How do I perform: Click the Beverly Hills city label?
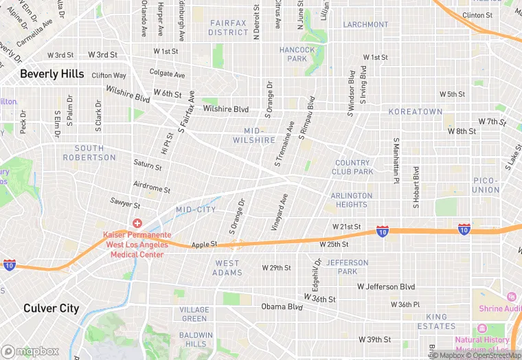(x=52, y=74)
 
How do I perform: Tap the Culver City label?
(x=51, y=308)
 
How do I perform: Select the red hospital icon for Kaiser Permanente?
(x=137, y=223)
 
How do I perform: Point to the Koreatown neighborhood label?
(x=416, y=111)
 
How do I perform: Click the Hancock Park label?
(x=297, y=54)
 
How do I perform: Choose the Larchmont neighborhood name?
(x=365, y=25)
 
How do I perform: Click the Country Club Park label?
(x=353, y=167)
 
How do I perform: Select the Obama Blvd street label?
(x=282, y=306)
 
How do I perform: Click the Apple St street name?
(x=204, y=244)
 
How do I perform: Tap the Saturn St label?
(x=148, y=166)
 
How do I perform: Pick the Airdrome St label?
(x=152, y=188)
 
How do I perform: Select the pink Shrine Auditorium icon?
(x=511, y=296)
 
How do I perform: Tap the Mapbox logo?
(x=30, y=350)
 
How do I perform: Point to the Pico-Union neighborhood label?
(x=486, y=185)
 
